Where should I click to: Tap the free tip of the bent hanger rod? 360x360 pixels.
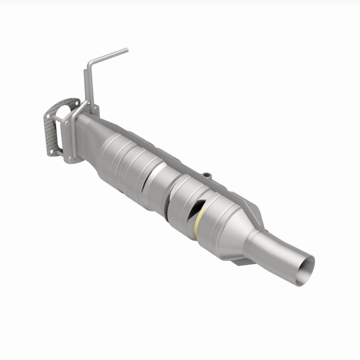(x=126, y=50)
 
